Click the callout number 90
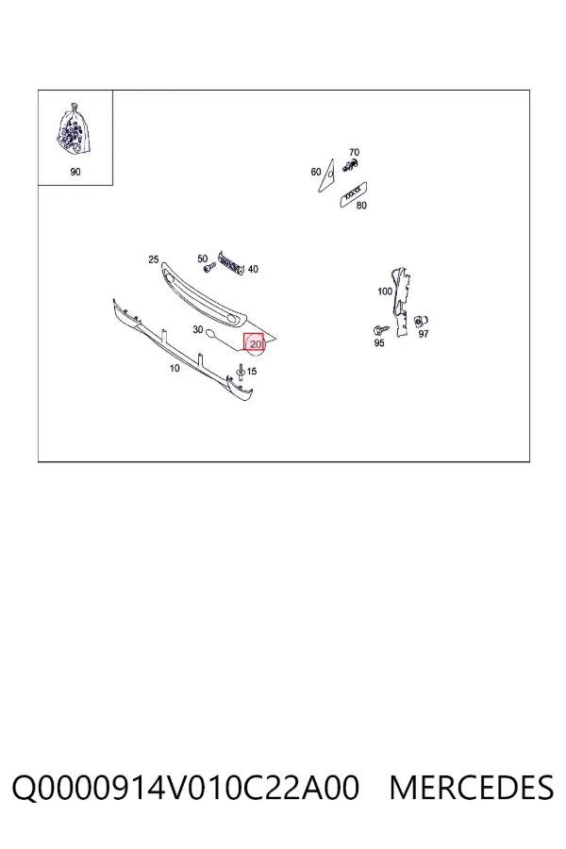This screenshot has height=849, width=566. [75, 172]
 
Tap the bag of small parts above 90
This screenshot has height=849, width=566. [74, 130]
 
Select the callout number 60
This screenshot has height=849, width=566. [316, 172]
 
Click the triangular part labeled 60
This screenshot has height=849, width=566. [326, 175]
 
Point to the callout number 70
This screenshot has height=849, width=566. [354, 152]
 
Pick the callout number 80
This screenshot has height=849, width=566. [361, 206]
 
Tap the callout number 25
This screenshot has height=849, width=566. [153, 259]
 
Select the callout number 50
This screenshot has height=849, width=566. [203, 258]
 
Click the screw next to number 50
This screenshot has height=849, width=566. [208, 268]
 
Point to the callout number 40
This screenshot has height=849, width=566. [253, 269]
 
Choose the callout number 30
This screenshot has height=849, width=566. [198, 329]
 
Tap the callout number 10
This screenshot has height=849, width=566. [175, 368]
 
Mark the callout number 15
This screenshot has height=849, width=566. [252, 372]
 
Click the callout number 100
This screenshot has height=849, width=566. [385, 291]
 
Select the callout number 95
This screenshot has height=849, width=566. [379, 342]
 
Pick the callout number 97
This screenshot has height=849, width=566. [424, 334]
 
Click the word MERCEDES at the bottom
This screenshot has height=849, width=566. [472, 788]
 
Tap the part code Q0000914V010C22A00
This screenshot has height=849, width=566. [185, 789]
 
